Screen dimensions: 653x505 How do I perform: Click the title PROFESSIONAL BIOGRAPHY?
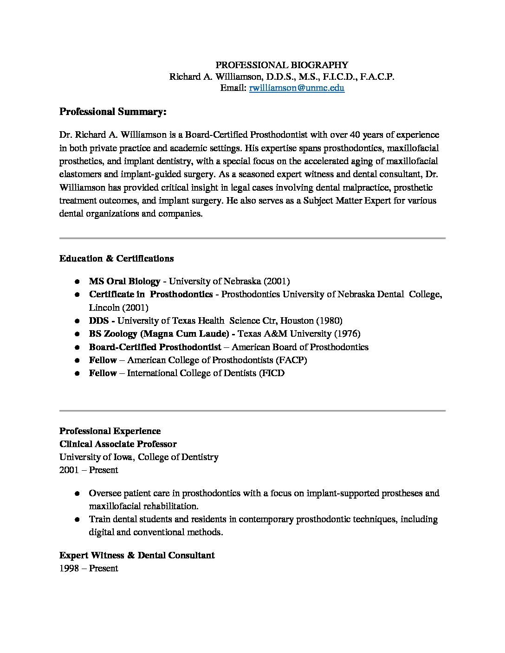282,65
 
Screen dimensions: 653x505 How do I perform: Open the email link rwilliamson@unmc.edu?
297,88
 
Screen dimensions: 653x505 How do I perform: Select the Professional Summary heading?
113,112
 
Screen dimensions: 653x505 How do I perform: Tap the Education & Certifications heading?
117,258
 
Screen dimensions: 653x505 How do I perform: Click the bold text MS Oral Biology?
124,281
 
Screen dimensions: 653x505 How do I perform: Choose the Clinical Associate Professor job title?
118,444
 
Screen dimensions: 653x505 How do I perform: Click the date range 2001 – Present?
89,470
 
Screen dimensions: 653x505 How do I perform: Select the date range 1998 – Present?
89,568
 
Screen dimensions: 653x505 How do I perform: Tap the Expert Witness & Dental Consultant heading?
137,555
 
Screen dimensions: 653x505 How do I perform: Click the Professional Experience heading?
110,431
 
